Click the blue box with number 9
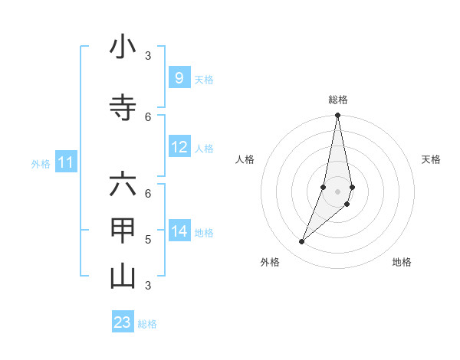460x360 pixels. coord(179,77)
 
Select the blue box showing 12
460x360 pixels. coord(179,147)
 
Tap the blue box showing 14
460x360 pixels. coord(179,231)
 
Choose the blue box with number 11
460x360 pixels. coord(66,162)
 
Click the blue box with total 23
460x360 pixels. coord(123,322)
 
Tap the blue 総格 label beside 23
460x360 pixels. coord(147,324)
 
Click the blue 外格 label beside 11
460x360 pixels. coord(41,163)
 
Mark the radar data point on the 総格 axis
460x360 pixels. coord(337,115)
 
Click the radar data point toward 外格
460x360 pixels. coord(301,242)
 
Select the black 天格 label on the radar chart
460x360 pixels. coord(431,159)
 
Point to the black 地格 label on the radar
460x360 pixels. coord(402,262)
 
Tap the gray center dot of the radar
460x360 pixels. coord(337,191)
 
